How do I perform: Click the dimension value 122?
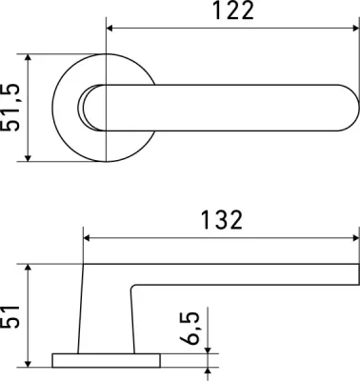click(x=233, y=10)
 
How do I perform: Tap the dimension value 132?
click(x=222, y=220)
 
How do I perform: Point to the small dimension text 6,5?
click(x=190, y=328)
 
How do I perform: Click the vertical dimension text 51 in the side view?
click(x=10, y=316)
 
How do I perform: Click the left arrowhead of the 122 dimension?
click(x=110, y=29)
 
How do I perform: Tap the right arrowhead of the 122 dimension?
click(x=355, y=29)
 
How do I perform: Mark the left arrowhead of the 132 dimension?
click(x=87, y=238)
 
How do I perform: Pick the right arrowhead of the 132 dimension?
click(x=355, y=238)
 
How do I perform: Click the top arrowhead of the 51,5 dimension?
click(x=29, y=58)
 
